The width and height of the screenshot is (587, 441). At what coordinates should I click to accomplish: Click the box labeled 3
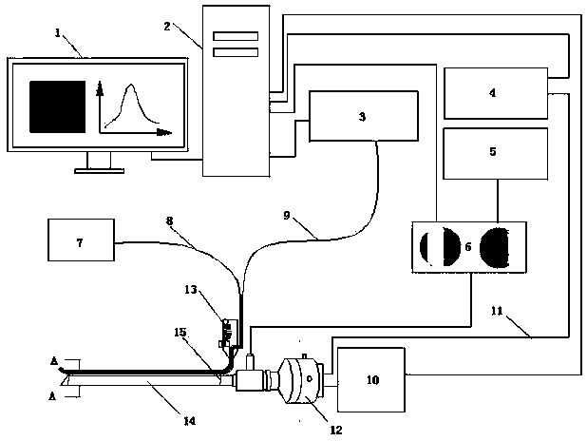[364, 116]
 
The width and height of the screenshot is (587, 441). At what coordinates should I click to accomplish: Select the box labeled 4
[496, 93]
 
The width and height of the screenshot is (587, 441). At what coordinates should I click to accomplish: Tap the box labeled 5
[496, 154]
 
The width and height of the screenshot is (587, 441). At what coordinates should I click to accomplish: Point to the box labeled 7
[82, 240]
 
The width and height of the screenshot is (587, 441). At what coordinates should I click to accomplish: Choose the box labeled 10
[371, 379]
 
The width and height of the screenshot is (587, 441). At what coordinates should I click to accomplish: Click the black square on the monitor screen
[58, 106]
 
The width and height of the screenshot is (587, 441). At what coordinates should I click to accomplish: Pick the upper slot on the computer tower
[236, 36]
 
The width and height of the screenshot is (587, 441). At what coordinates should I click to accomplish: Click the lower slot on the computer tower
[236, 52]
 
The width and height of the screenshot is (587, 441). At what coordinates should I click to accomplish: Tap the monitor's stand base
[99, 171]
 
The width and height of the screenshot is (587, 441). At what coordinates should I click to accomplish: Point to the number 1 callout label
[58, 33]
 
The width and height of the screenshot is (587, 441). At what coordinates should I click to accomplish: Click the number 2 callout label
[167, 27]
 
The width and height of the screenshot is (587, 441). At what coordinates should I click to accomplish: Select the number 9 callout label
[287, 216]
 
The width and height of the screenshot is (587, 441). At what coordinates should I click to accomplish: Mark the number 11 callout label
[497, 311]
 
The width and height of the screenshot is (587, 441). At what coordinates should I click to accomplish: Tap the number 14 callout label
[190, 421]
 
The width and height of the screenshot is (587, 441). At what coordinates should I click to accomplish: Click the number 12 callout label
[336, 430]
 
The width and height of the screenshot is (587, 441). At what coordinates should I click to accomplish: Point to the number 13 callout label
[191, 290]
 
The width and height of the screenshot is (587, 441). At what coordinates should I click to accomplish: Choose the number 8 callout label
[170, 221]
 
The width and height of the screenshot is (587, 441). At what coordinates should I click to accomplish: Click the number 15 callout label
[180, 333]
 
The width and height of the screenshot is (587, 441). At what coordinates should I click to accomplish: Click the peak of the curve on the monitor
[131, 85]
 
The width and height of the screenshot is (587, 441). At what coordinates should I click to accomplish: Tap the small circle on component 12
[310, 378]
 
